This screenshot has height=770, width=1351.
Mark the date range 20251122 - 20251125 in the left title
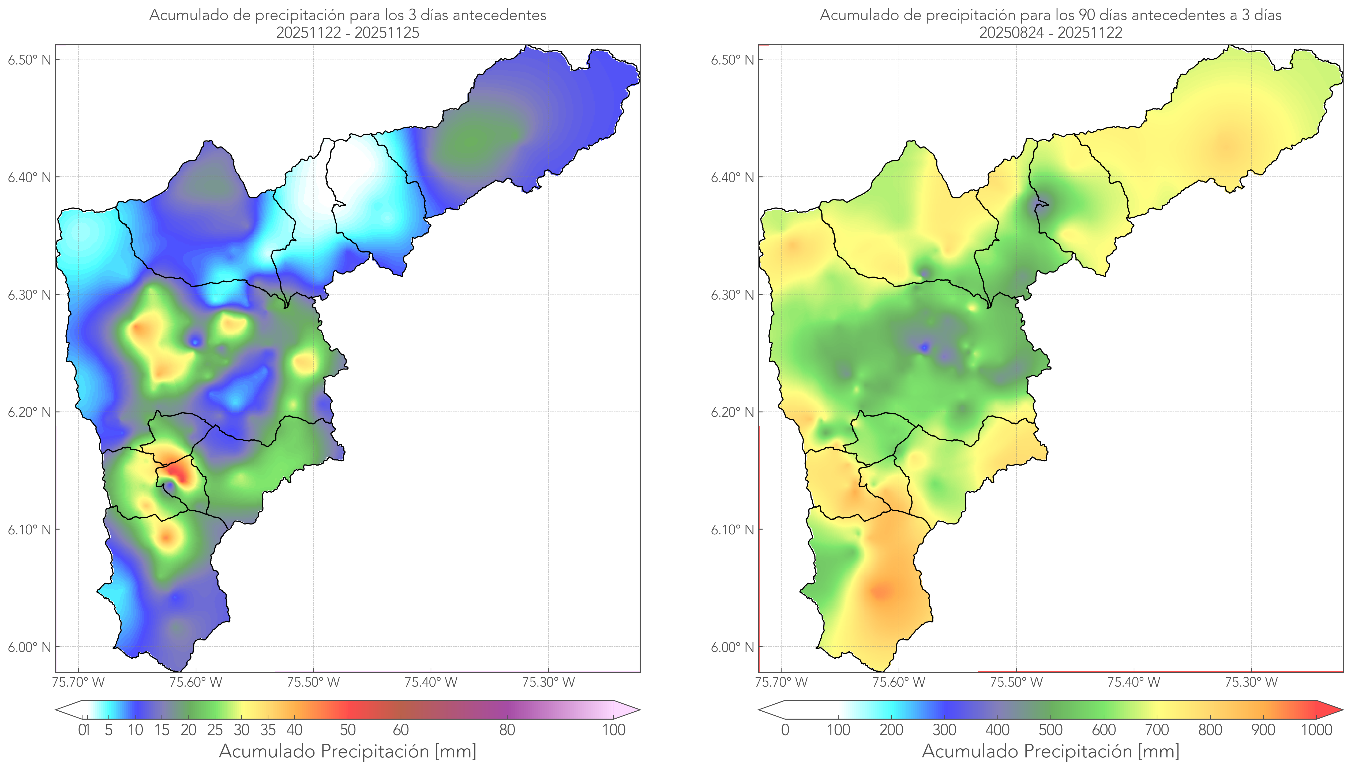(x=348, y=33)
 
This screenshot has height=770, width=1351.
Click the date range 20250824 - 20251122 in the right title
(x=1050, y=33)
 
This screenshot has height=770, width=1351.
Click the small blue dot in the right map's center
(x=924, y=348)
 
